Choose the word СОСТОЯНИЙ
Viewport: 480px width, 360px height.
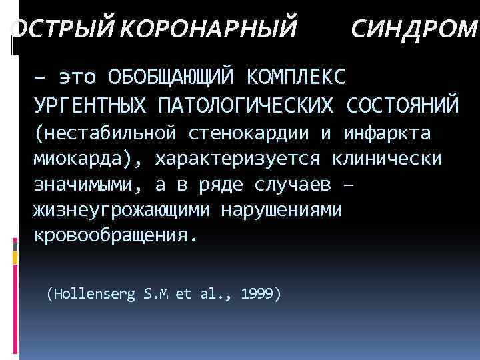(403, 105)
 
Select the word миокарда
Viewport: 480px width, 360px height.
(79, 159)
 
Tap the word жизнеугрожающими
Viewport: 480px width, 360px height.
(121, 211)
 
